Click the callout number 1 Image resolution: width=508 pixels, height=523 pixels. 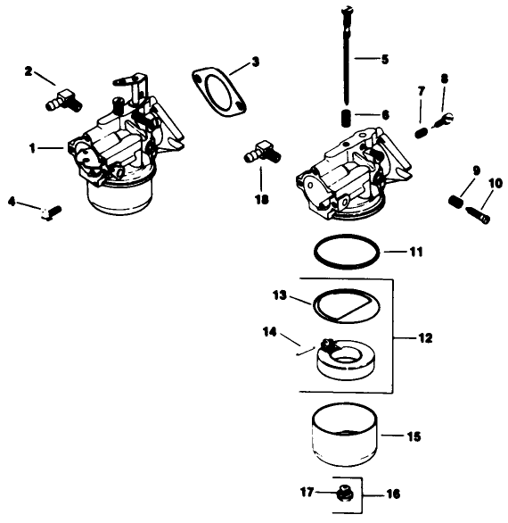pyautogui.click(x=33, y=149)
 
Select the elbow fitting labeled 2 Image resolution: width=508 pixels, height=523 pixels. pyautogui.click(x=62, y=98)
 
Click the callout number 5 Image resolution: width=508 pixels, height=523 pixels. pyautogui.click(x=384, y=60)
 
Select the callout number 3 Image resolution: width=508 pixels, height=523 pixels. pyautogui.click(x=255, y=62)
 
